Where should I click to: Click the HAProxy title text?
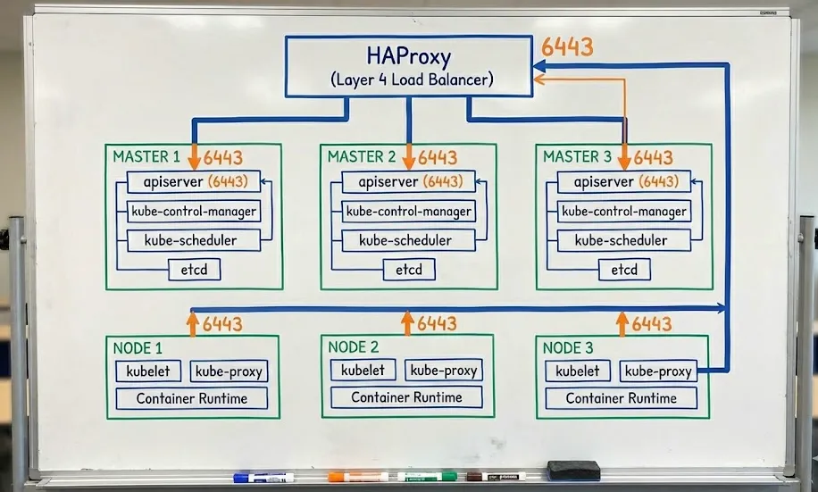pos(408,56)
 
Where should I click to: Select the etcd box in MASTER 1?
pos(194,270)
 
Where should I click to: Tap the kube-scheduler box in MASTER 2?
pos(408,240)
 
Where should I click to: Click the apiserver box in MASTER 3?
pos(624,181)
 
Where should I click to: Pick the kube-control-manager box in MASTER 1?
pos(194,212)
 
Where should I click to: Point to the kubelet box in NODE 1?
pos(148,371)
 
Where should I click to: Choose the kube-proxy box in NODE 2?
pos(444,370)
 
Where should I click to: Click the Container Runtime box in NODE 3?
pos(621,398)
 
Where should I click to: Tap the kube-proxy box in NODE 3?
pos(658,371)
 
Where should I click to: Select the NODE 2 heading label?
pos(353,347)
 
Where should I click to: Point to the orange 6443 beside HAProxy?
pos(567,47)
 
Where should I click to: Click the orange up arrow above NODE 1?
pos(193,323)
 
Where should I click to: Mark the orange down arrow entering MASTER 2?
pos(408,156)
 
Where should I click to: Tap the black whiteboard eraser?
pos(573,471)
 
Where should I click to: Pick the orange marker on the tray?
pos(358,476)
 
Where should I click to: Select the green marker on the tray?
pos(427,476)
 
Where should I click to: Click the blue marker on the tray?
pos(263,478)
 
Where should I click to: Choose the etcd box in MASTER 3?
pos(624,270)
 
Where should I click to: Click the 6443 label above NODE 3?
pos(652,324)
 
